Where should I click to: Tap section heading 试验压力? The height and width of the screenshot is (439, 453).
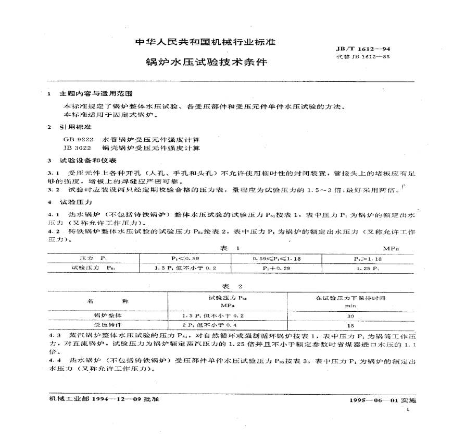(76, 201)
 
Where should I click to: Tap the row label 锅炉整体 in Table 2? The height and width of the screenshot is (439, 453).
(107, 316)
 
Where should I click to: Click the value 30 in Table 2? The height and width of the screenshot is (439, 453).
(350, 316)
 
